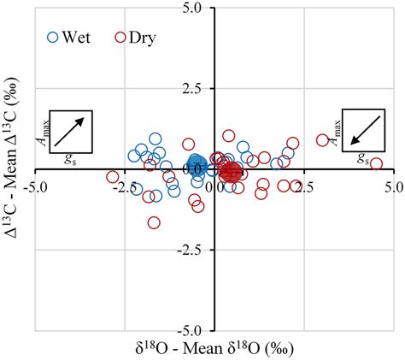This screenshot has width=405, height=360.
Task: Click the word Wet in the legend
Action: coord(80,38)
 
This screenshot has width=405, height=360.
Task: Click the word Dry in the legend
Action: coord(141,38)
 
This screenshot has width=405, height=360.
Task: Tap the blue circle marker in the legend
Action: coord(54,38)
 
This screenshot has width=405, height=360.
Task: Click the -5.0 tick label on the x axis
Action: coord(34,184)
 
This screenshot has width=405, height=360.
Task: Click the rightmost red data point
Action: coord(375,164)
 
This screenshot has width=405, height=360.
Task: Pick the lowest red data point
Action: coord(154,222)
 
